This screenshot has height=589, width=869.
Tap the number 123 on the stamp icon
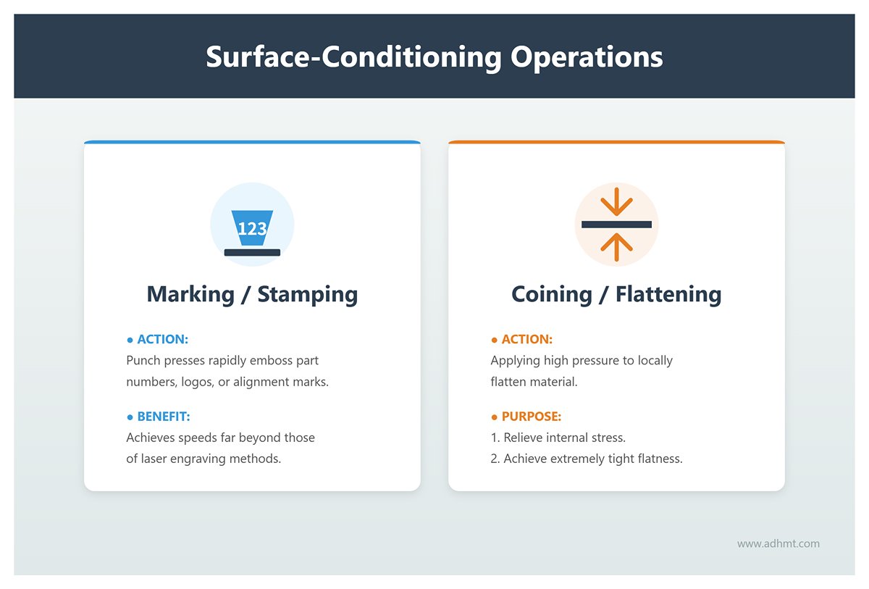[252, 229]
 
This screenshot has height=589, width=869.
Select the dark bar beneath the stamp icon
[252, 252]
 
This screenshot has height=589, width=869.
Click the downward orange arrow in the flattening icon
[616, 202]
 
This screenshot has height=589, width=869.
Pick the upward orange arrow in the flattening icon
[616, 246]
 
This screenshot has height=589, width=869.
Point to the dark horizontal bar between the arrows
[616, 225]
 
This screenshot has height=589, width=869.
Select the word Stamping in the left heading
[307, 294]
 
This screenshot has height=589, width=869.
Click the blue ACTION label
[162, 339]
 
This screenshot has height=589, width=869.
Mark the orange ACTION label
[526, 339]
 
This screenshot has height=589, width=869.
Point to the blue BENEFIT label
[163, 417]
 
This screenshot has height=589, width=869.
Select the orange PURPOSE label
[531, 417]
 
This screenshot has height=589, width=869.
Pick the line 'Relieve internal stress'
[558, 438]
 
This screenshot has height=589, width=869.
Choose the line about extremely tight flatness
[587, 459]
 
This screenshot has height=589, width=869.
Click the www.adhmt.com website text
[778, 543]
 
